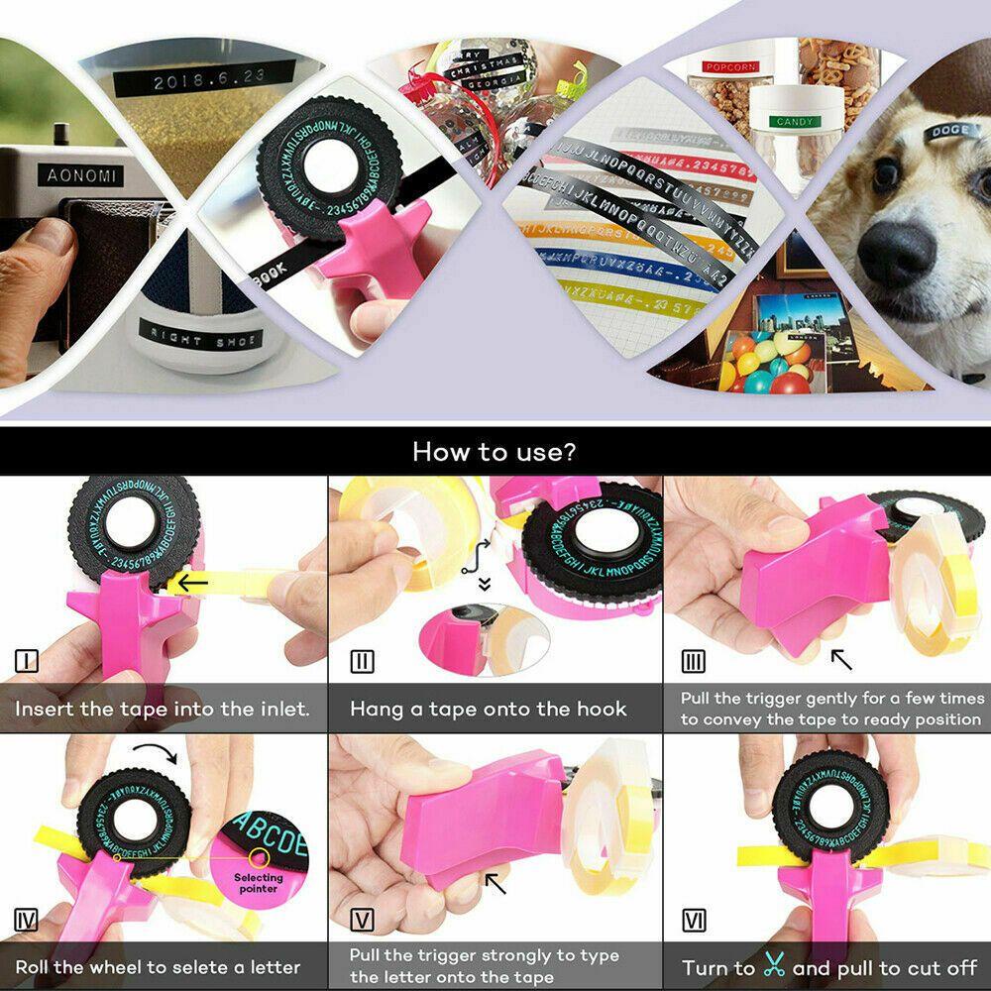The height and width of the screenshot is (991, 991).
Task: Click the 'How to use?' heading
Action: (495, 452)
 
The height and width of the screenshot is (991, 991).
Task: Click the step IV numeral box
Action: (26, 920)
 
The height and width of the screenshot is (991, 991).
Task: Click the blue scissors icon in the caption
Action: (774, 967)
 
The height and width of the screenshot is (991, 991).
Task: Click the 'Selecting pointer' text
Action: (258, 882)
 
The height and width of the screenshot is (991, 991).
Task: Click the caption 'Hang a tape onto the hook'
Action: (488, 709)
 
